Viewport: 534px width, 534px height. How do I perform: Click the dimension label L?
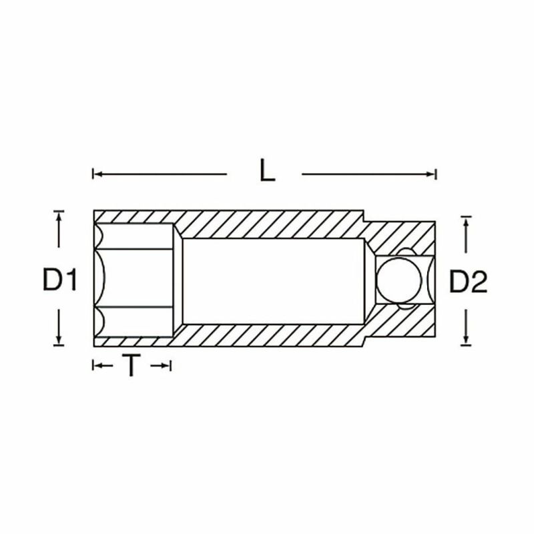pyautogui.click(x=268, y=170)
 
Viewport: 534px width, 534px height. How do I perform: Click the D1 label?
pyautogui.click(x=59, y=279)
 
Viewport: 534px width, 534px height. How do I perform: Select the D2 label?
pyautogui.click(x=469, y=281)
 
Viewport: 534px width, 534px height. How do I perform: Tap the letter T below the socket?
pyautogui.click(x=131, y=365)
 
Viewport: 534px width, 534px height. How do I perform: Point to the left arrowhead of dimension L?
pyautogui.click(x=97, y=174)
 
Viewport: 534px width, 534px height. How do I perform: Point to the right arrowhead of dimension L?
pyautogui.click(x=431, y=174)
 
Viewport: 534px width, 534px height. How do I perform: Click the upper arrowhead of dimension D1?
pyautogui.click(x=59, y=216)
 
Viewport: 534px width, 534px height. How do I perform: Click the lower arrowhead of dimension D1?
pyautogui.click(x=59, y=340)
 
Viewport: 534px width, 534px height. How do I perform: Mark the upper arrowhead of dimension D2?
pyautogui.click(x=465, y=222)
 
